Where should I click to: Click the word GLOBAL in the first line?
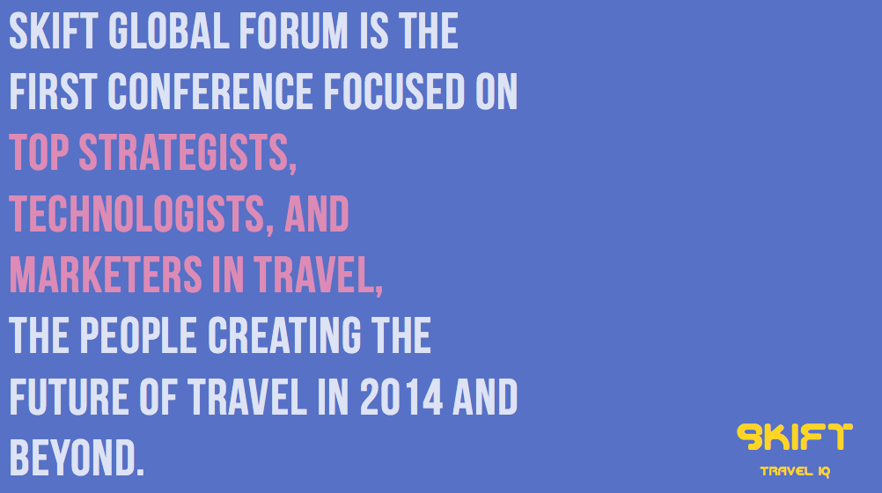tap(169, 31)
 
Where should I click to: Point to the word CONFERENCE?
tap(209, 92)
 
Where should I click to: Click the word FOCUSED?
tap(394, 92)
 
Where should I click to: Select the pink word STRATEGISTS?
tap(187, 153)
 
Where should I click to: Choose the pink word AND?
tap(317, 213)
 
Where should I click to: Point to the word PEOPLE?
tap(138, 335)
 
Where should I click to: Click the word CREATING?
tap(284, 335)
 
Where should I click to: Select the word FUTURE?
tap(70, 397)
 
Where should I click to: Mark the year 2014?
tap(401, 397)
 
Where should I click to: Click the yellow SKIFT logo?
tap(794, 437)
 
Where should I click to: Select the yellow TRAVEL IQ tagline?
tap(795, 472)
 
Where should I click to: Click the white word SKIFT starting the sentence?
tap(54, 31)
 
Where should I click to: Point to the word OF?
tap(158, 397)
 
